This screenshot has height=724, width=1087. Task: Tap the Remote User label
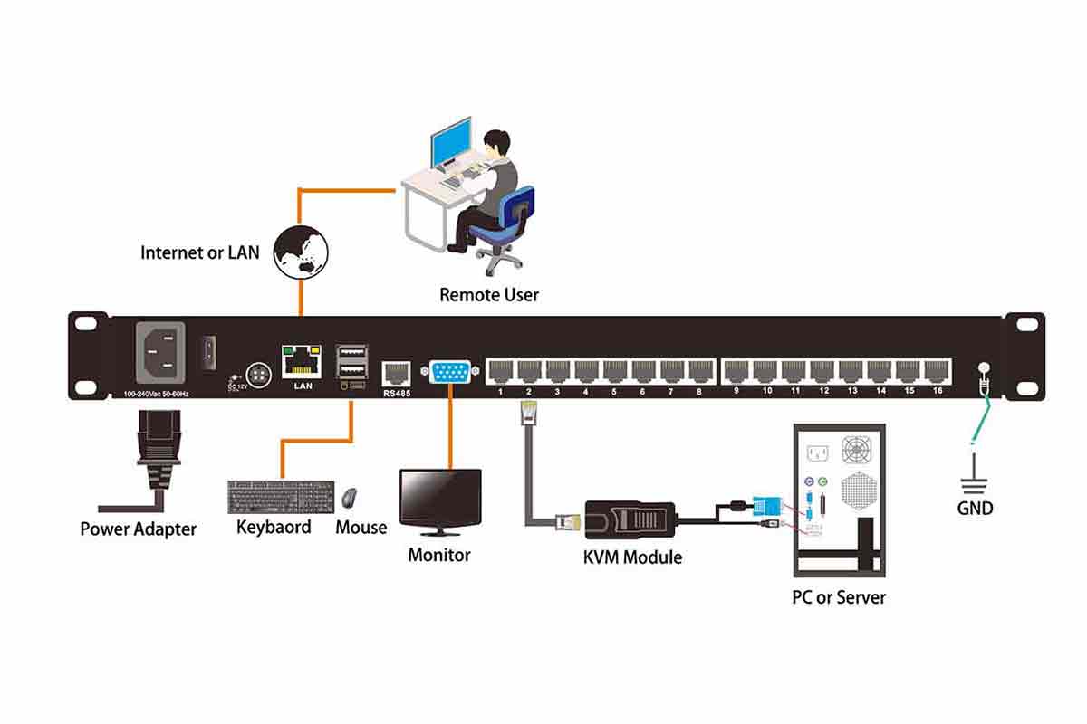tap(489, 295)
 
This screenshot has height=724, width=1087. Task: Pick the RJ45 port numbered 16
tap(937, 371)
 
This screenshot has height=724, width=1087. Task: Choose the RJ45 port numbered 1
tap(500, 371)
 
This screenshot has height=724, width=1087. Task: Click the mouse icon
tap(350, 498)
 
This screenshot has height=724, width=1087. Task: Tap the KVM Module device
tap(630, 521)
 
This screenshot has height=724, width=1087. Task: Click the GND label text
tap(975, 508)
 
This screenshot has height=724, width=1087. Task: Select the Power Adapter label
tap(138, 529)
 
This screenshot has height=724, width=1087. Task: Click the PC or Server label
tap(838, 597)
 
